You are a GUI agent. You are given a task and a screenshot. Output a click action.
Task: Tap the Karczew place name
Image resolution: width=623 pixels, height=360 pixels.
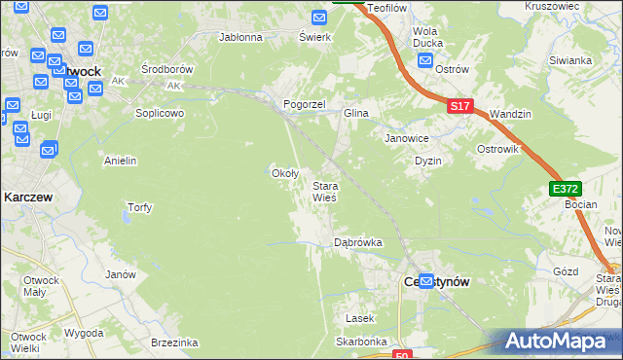click(x=28, y=197)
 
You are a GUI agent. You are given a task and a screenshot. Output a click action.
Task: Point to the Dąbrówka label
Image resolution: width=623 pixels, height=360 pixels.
click(x=357, y=241)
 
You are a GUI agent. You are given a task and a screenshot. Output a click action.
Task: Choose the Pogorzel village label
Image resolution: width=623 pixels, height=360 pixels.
click(x=303, y=104)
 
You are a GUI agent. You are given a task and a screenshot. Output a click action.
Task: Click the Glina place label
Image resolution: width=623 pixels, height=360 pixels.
click(x=355, y=114)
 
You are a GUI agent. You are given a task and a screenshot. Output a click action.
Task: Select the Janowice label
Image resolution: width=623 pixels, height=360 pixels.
click(x=407, y=138)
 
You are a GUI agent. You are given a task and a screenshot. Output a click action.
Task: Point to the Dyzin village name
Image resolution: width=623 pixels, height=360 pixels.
click(x=428, y=161)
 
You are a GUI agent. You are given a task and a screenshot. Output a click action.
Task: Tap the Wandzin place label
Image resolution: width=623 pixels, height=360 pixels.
click(x=511, y=114)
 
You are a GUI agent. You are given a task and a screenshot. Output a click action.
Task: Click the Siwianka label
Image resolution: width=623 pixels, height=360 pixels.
click(x=570, y=60)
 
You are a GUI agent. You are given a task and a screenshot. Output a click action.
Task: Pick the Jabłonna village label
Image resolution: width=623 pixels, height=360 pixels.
click(x=241, y=38)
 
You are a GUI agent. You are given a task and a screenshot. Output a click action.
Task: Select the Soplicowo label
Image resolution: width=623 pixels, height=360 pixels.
click(x=160, y=113)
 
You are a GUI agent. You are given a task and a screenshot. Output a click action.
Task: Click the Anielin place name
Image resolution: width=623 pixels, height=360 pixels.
click(x=120, y=161)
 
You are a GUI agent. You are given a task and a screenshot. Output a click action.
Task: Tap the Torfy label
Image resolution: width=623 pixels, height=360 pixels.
click(x=140, y=207)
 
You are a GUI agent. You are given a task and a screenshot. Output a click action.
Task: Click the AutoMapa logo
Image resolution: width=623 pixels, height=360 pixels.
click(x=562, y=342)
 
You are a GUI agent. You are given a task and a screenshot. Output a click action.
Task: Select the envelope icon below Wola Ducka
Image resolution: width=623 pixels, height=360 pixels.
click(x=425, y=60)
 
